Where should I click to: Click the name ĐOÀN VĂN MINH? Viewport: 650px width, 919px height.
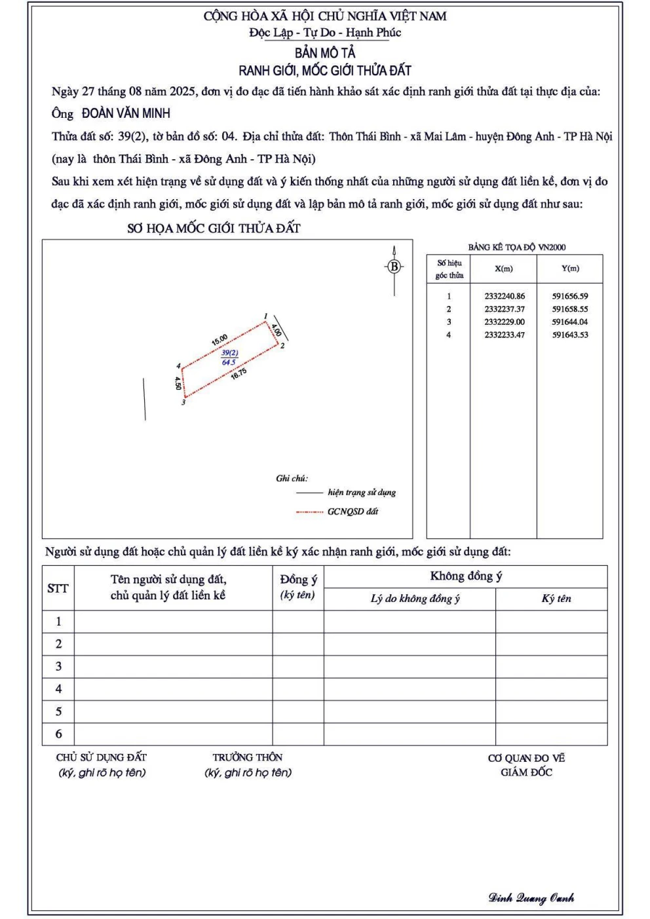pos(126,113)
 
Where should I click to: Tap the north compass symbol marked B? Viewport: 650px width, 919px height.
pos(394,267)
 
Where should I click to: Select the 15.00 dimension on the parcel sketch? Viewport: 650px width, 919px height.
pos(220,339)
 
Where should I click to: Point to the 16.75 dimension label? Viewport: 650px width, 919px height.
pos(239,373)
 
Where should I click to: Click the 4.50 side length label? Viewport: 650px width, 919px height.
pos(178,383)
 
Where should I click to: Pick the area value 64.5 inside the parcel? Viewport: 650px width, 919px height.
pos(229,362)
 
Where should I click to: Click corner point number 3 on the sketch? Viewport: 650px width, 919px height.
pos(183,402)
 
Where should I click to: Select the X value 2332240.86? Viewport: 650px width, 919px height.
pos(505,296)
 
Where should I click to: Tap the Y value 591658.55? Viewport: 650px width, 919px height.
pos(570,309)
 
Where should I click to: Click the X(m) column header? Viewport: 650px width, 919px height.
pos(504,269)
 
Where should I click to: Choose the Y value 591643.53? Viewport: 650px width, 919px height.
pos(570,335)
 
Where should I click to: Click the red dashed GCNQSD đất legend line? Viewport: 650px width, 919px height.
pos(309,512)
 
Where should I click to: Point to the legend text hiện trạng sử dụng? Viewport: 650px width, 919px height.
pos(362,493)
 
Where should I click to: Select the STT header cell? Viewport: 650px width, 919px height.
pos(58,588)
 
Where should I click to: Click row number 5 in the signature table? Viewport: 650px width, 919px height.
pos(58,711)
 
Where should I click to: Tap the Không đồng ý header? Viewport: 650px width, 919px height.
pos(466,576)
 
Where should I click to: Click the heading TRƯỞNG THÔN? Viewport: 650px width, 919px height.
pos(247,757)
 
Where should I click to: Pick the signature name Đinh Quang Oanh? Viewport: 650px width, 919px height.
pos(531,898)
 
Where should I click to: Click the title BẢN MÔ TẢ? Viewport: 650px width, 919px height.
pos(325,52)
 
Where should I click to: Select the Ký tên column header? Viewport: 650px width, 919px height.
pos(556,599)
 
